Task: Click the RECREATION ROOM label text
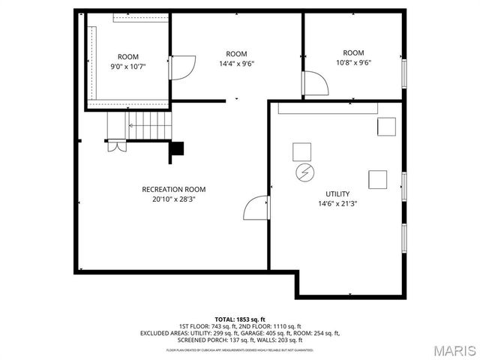coord(174,190)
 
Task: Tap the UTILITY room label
coord(337,193)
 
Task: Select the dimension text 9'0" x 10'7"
coord(128,67)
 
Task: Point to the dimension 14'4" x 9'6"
coord(236,64)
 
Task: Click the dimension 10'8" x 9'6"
coord(353,63)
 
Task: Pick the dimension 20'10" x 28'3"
coord(174,199)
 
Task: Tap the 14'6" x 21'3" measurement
coord(337,203)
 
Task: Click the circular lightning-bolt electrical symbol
coord(304,173)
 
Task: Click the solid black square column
coord(178,149)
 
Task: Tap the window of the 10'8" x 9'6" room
coord(403,73)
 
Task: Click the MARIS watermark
coord(451,350)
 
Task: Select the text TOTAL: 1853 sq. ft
coord(240,319)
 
